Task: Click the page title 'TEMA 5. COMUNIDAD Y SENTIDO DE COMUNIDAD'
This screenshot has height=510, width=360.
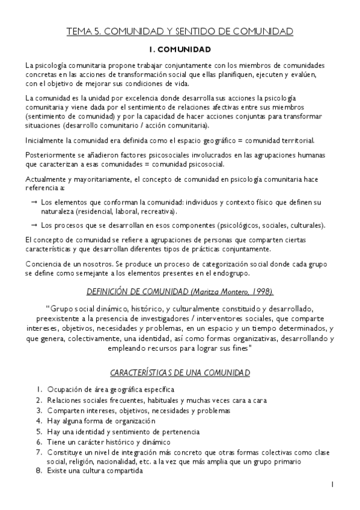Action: pyautogui.click(x=180, y=31)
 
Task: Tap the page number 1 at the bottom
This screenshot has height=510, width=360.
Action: pyautogui.click(x=332, y=484)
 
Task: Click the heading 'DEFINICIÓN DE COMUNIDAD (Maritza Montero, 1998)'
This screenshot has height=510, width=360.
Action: pyautogui.click(x=180, y=292)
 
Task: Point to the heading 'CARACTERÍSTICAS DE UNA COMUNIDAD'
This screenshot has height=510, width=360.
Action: pyautogui.click(x=180, y=373)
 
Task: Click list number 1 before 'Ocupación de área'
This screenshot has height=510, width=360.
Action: pyautogui.click(x=38, y=390)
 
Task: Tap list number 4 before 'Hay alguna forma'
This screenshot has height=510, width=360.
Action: pyautogui.click(x=38, y=421)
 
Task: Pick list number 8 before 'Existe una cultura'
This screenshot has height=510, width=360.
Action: pyautogui.click(x=38, y=471)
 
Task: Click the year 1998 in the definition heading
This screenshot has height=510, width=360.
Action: pyautogui.click(x=261, y=292)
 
